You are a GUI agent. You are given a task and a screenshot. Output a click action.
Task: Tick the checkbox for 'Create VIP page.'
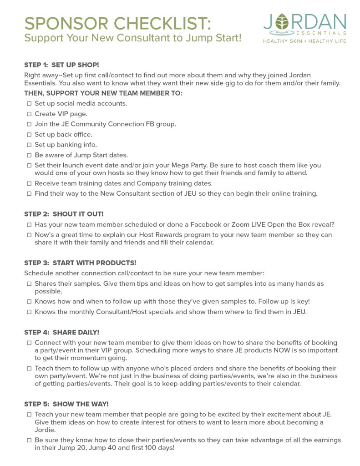click(29, 114)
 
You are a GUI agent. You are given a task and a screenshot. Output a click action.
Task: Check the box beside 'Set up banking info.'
click(29, 145)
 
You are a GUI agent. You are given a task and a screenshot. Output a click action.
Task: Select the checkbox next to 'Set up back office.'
click(29, 135)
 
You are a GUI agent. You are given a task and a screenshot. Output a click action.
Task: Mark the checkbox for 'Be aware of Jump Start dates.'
click(29, 155)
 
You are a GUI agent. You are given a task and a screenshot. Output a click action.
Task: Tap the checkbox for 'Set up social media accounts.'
click(29, 104)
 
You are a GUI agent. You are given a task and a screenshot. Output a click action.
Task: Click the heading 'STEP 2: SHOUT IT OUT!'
click(64, 214)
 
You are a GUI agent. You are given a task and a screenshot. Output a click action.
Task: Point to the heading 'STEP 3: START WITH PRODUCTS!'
click(80, 263)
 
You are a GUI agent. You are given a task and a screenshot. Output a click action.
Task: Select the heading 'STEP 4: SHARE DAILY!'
click(61, 332)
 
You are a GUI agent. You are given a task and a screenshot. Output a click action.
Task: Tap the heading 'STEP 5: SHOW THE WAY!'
click(66, 404)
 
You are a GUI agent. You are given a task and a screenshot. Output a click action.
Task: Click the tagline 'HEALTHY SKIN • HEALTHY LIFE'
click(304, 41)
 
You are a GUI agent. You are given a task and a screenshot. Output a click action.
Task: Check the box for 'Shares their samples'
click(29, 284)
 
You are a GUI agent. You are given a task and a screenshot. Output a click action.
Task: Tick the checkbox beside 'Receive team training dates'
click(29, 183)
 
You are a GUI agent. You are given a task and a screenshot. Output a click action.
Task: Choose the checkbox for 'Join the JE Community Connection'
click(29, 124)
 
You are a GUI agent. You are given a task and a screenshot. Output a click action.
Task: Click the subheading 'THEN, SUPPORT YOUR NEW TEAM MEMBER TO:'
click(103, 93)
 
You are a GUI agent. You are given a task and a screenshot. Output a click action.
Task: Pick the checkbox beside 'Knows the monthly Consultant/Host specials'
click(29, 312)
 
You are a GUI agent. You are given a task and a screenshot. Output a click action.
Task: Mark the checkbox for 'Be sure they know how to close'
click(29, 441)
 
